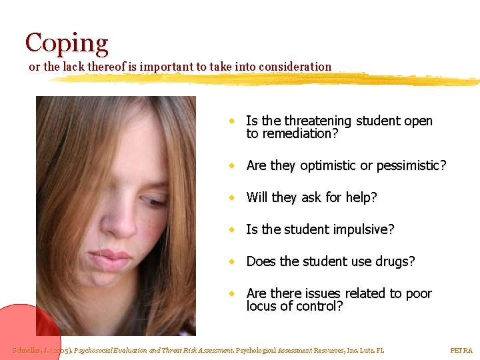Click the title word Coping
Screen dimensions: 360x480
(67, 43)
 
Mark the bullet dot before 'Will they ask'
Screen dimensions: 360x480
(230, 197)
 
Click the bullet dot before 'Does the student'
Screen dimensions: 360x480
(230, 261)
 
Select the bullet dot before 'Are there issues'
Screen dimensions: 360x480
(230, 293)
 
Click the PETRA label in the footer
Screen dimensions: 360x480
(461, 350)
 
